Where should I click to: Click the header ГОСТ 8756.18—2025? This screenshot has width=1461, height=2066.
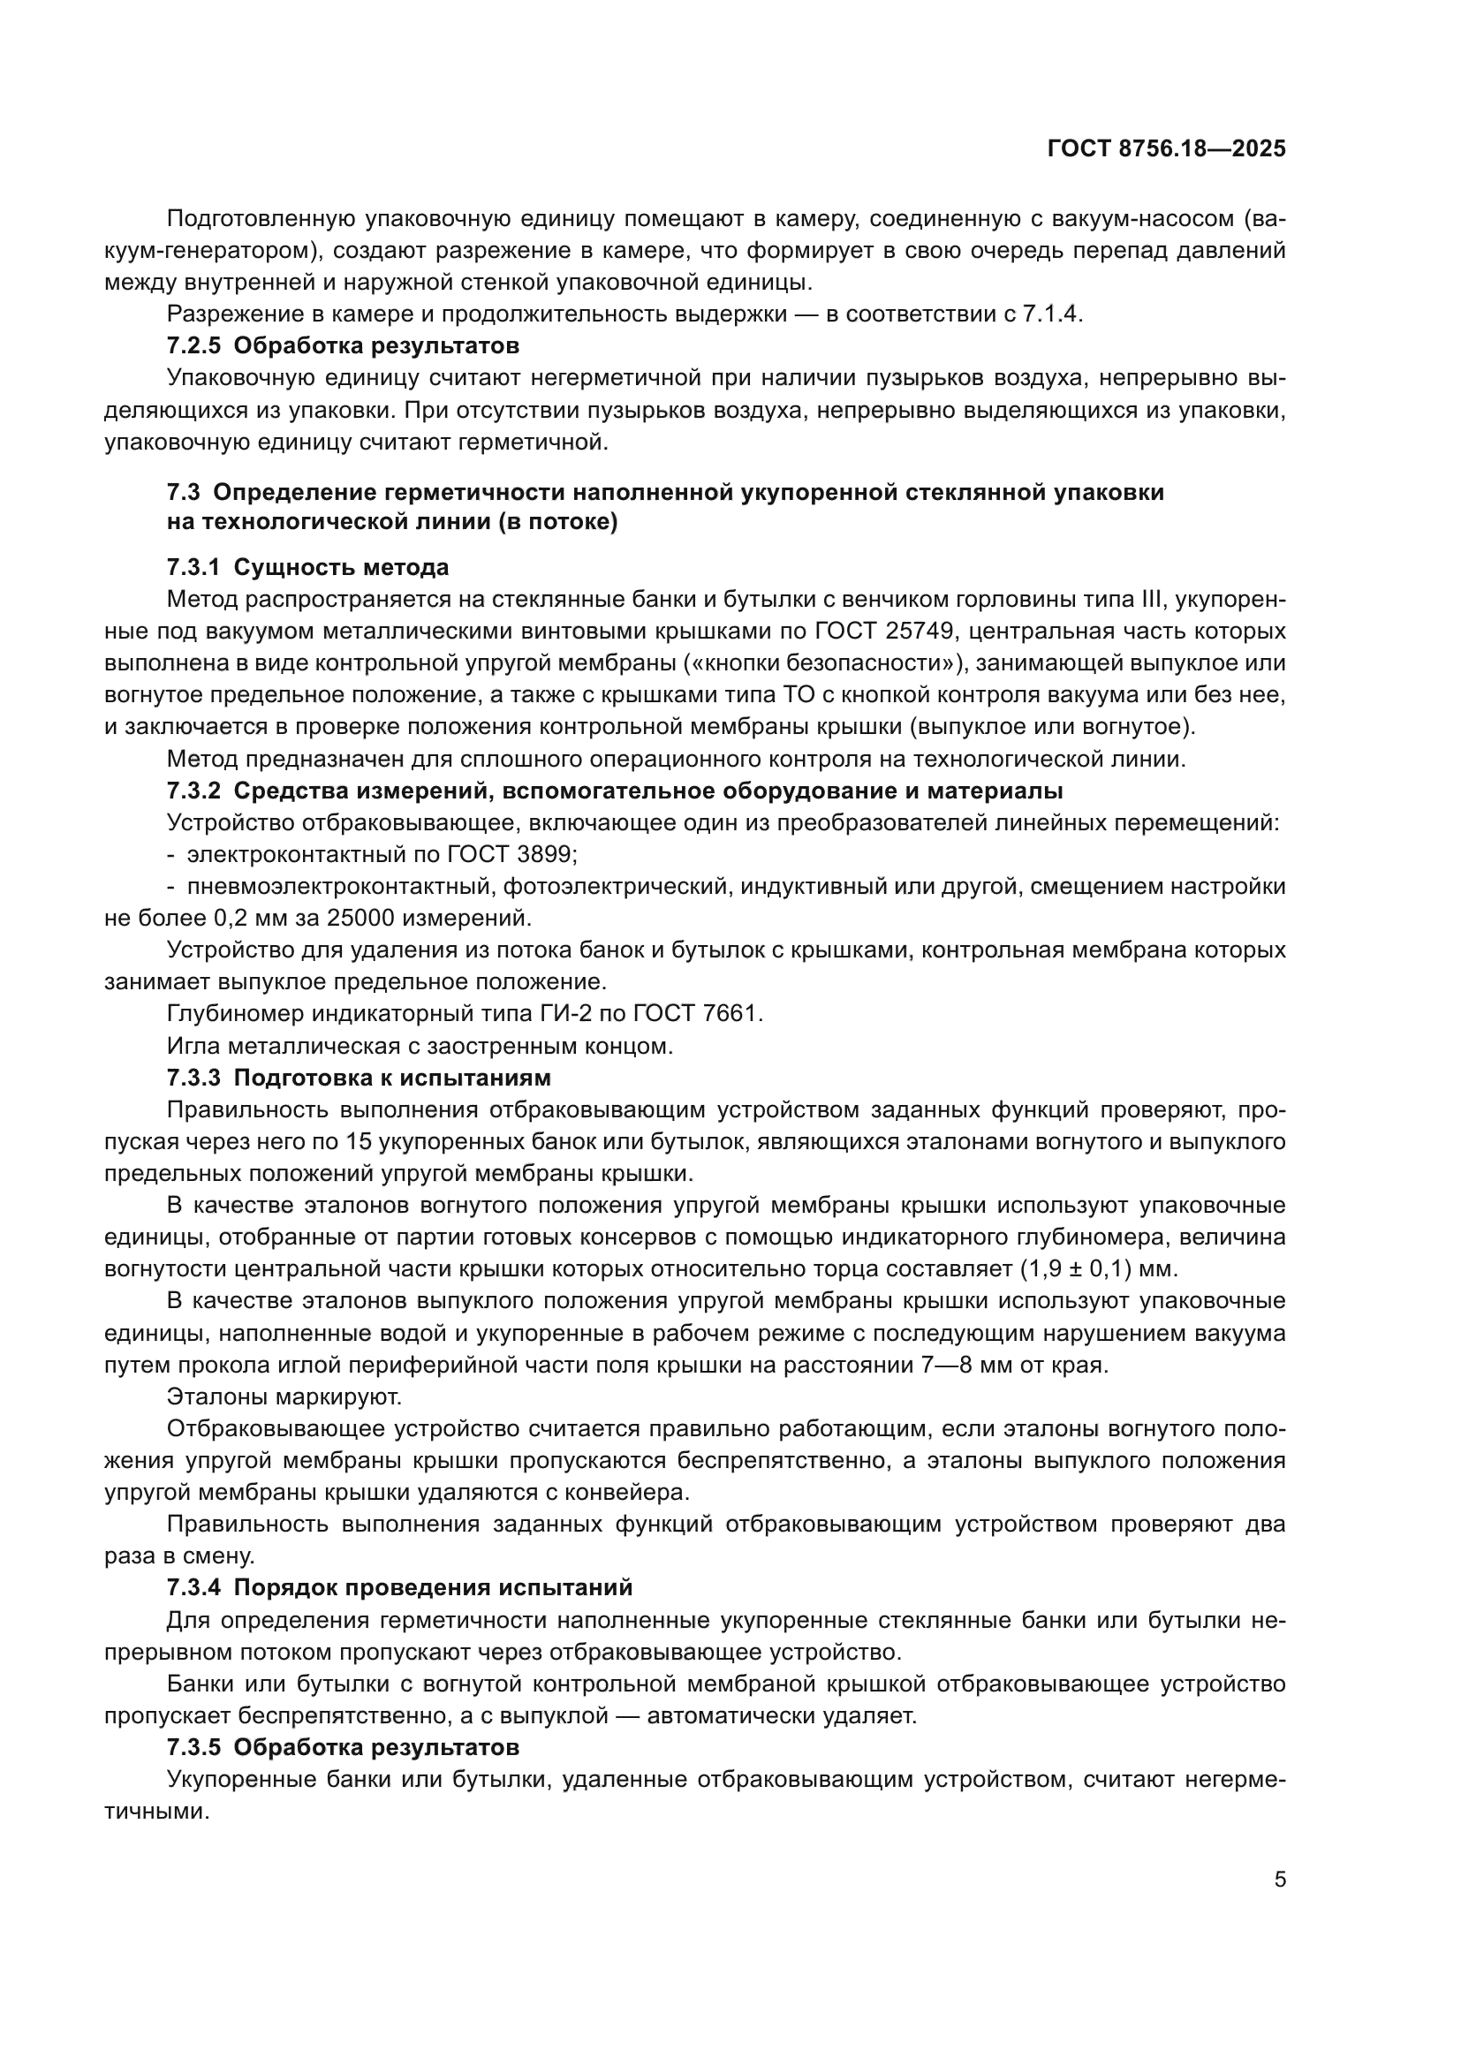(x=1166, y=148)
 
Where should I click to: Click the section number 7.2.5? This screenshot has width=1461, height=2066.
(x=193, y=345)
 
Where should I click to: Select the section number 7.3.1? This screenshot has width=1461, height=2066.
(x=193, y=568)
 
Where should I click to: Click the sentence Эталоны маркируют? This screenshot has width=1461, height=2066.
(x=284, y=1396)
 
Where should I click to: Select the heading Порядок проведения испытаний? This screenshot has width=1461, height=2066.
(x=433, y=1587)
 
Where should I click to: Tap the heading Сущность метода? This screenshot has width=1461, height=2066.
(x=341, y=568)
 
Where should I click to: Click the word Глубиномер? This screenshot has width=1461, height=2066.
(x=236, y=1013)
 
